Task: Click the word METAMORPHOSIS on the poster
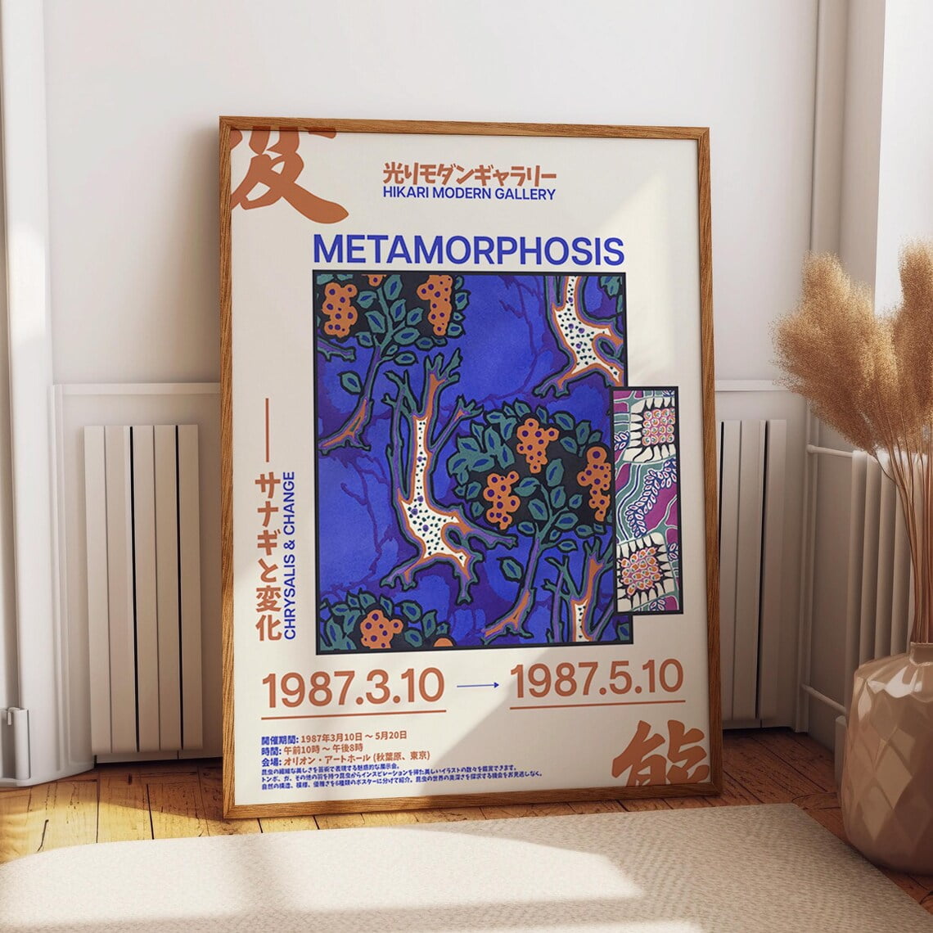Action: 468,250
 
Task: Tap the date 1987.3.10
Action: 353,688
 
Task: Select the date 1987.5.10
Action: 597,679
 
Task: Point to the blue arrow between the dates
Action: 477,686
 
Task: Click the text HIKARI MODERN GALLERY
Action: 469,194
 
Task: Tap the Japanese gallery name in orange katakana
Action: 469,174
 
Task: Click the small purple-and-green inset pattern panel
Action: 647,499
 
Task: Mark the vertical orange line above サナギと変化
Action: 266,430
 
